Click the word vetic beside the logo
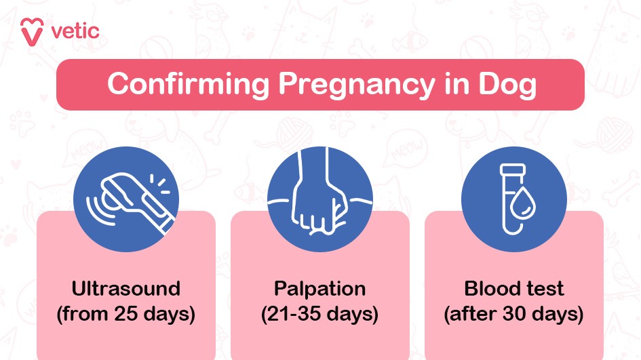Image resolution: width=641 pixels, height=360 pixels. pos(75,30)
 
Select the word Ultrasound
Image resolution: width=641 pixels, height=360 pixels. pos(126,288)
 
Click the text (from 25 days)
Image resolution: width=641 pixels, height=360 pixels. pos(126,314)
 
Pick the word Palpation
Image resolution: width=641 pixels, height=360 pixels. pos(319,288)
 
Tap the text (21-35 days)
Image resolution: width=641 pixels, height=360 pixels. pos(319,314)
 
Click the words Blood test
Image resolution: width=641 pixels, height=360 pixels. pos(513,288)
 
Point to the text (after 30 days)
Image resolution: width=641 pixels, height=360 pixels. pos(513,314)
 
